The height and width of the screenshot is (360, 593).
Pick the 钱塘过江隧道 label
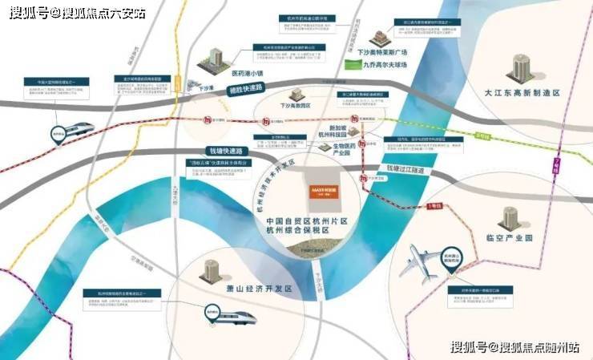tap(406, 170)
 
